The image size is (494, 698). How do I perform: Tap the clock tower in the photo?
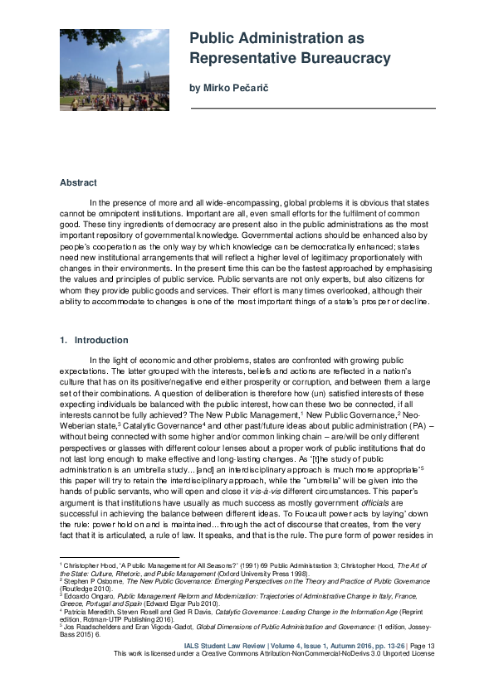pyautogui.click(x=120, y=73)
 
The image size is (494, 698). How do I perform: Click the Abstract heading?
pyautogui.click(x=78, y=182)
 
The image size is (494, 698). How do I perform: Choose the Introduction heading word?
pyautogui.click(x=101, y=340)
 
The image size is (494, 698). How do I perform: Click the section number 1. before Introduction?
pyautogui.click(x=64, y=340)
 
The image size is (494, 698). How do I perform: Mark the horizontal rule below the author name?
pyautogui.click(x=312, y=109)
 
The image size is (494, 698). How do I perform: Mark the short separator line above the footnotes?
pyautogui.click(x=107, y=558)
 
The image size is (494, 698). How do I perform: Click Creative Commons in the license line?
pyautogui.click(x=256, y=653)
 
